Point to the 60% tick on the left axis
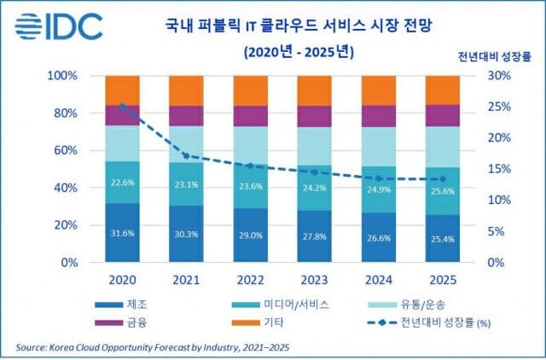[x=65, y=151]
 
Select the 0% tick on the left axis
[x=68, y=263]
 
